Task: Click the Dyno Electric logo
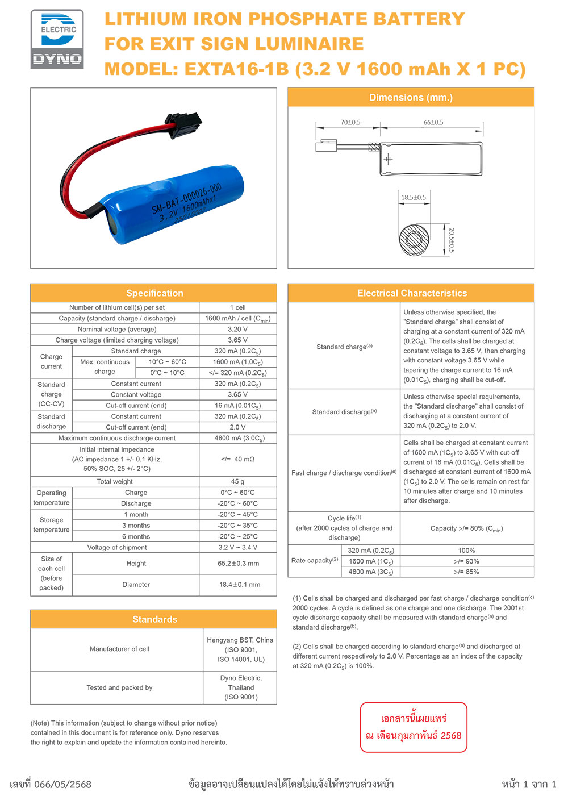(x=57, y=39)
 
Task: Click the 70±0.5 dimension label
(x=350, y=122)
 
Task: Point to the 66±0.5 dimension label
(x=433, y=122)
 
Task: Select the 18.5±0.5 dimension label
(x=414, y=198)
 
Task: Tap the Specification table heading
(x=154, y=293)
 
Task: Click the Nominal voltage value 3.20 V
(x=237, y=330)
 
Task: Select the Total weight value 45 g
(x=237, y=481)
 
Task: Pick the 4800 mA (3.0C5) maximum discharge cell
(x=237, y=439)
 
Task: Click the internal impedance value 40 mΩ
(x=237, y=459)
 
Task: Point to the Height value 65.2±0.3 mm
(x=238, y=564)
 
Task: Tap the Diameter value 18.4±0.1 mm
(x=239, y=585)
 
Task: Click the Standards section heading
(x=154, y=619)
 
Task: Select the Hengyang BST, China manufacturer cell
(x=240, y=650)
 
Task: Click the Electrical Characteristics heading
(x=412, y=293)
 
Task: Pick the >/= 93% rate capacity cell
(x=466, y=561)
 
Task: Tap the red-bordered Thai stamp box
(x=414, y=727)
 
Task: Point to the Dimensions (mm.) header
(x=411, y=98)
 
